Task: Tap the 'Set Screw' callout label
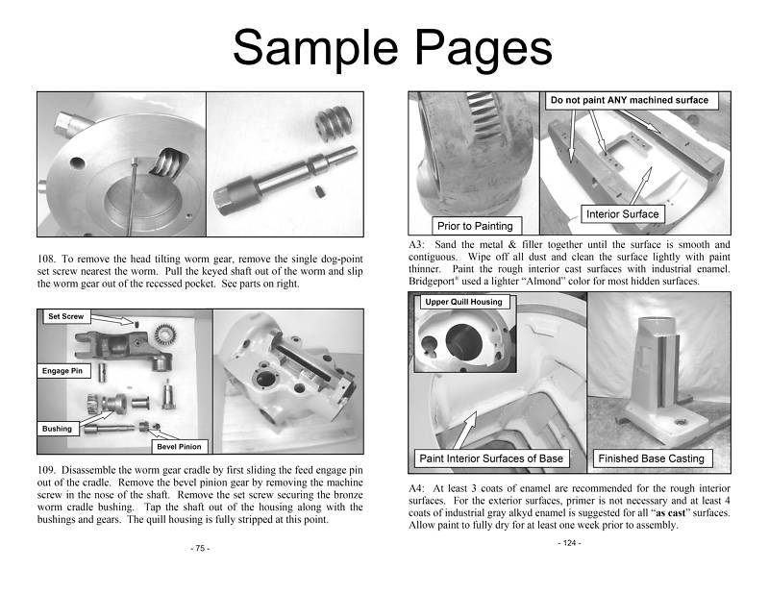point(64,316)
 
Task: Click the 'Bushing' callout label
point(58,429)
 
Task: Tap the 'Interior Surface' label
point(621,213)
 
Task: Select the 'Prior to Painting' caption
point(474,227)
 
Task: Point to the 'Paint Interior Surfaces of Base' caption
point(490,458)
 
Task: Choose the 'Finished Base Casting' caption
point(651,458)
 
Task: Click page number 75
point(200,548)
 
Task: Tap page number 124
point(569,543)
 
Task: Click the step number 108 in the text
point(48,260)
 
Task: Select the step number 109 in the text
point(48,470)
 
